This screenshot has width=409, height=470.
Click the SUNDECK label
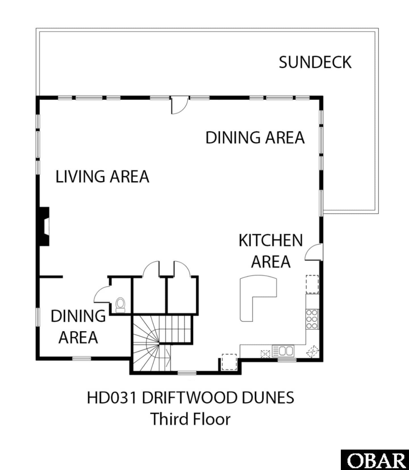(x=315, y=62)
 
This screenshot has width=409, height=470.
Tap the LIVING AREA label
(x=102, y=176)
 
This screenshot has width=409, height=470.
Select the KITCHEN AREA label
(x=271, y=251)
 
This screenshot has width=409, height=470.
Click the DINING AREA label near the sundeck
(x=255, y=138)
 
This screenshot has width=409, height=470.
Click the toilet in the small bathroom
(x=120, y=305)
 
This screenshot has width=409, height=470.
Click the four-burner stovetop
(x=312, y=319)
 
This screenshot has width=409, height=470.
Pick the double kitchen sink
(x=283, y=351)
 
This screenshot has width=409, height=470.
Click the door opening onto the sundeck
(x=179, y=105)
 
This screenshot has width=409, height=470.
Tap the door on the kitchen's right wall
(x=314, y=252)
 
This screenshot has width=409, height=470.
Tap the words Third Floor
(x=191, y=419)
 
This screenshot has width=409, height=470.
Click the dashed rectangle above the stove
(x=312, y=284)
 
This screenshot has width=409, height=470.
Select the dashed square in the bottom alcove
(x=229, y=362)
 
